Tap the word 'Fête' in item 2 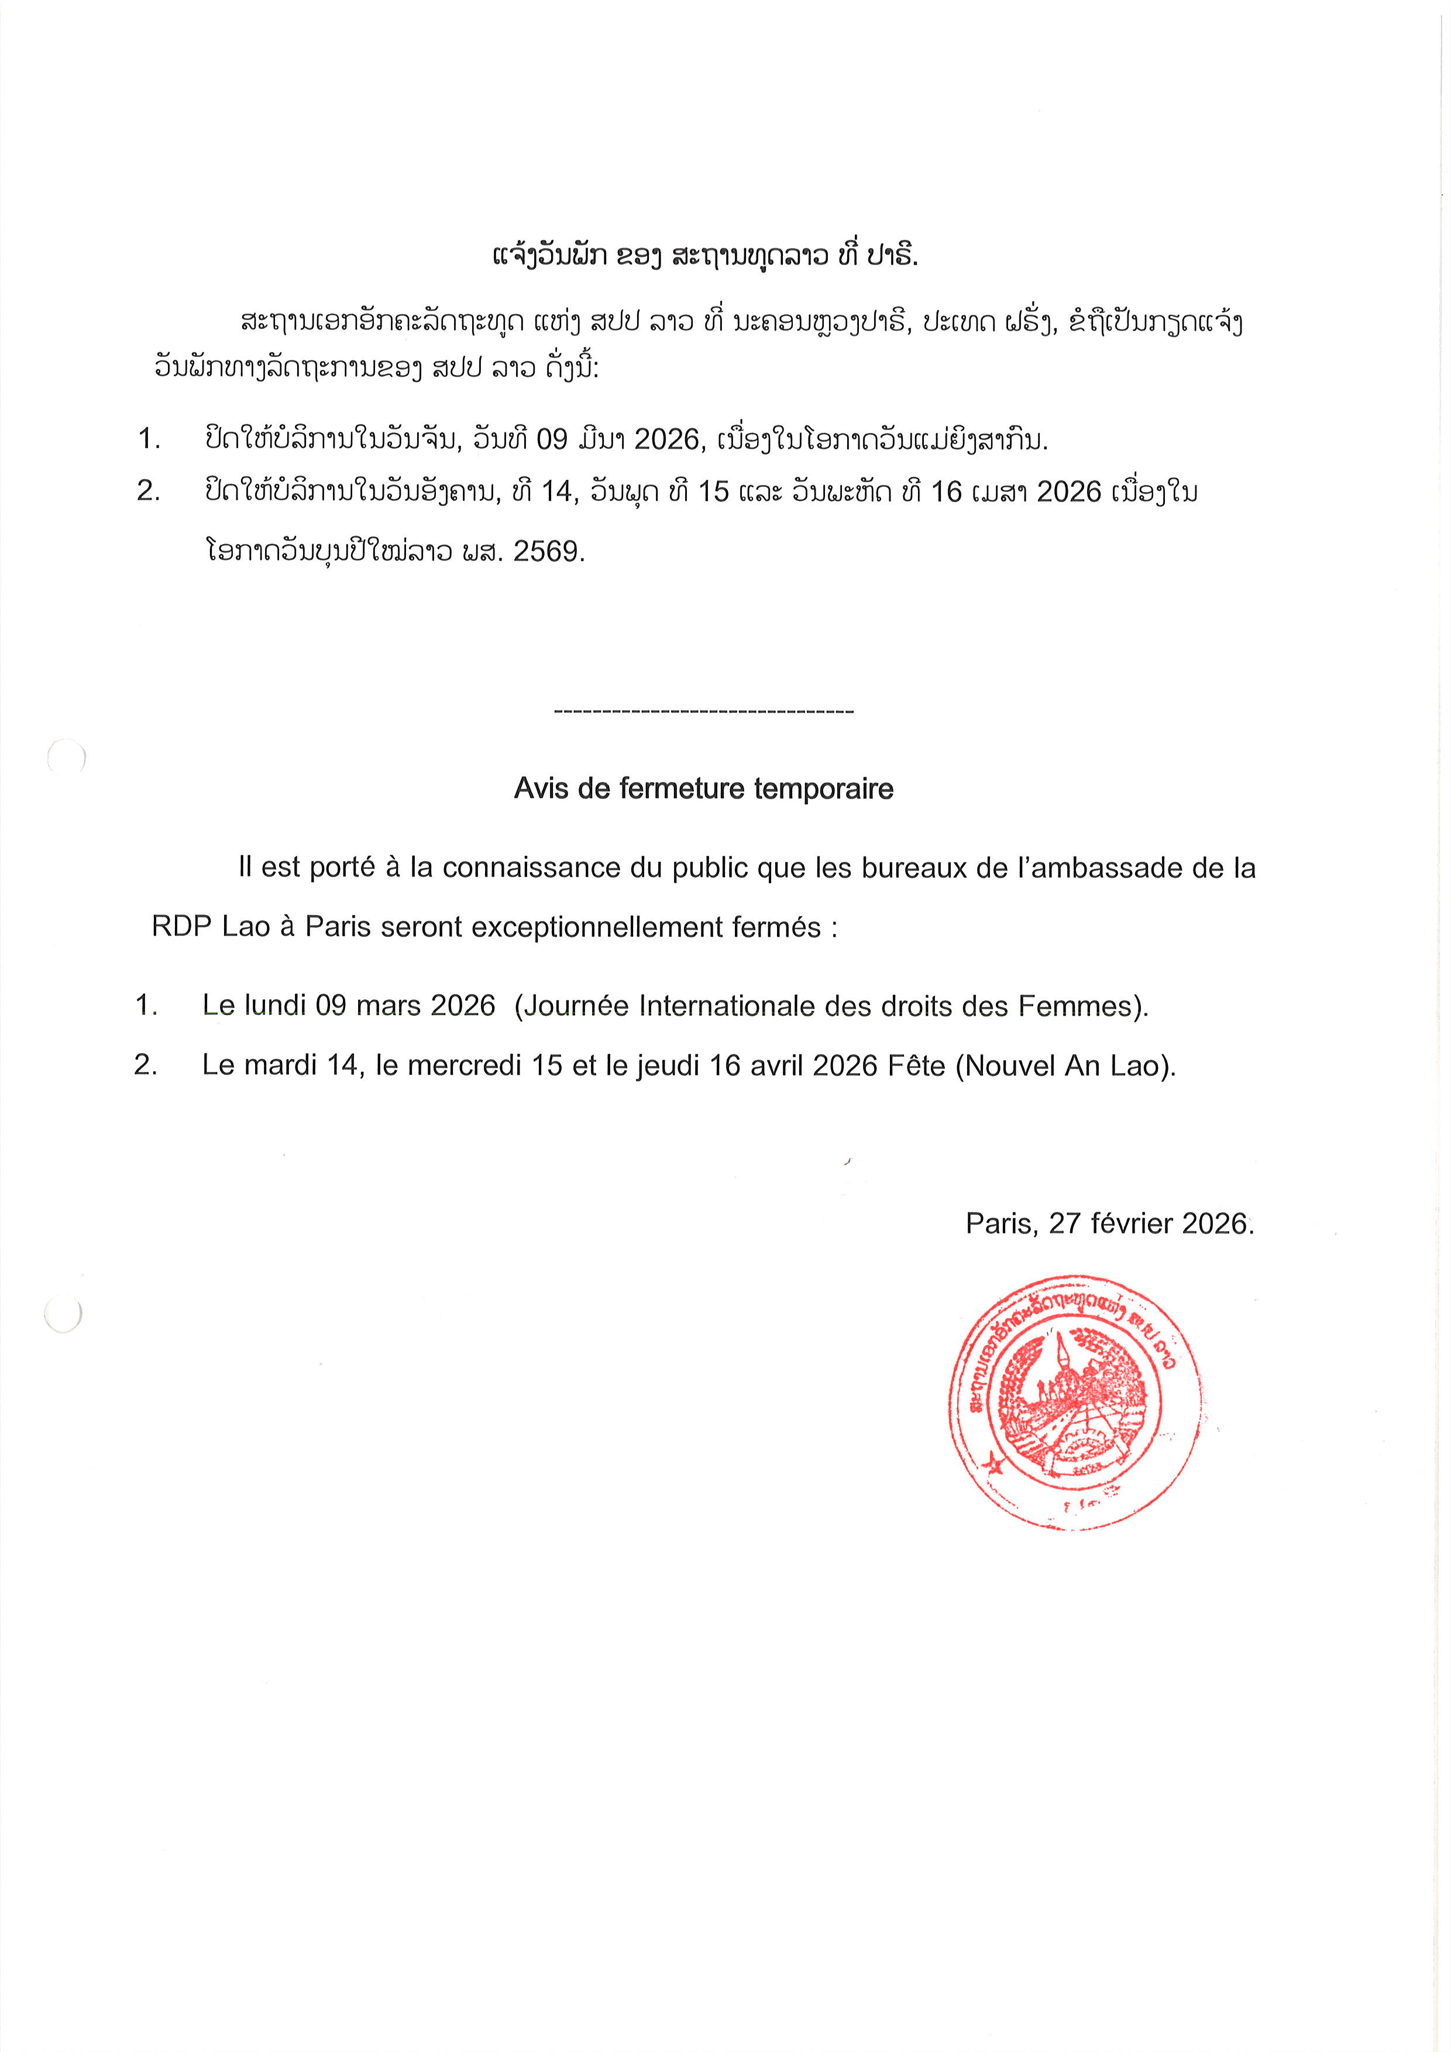point(916,1065)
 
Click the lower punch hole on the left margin point(63,1314)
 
